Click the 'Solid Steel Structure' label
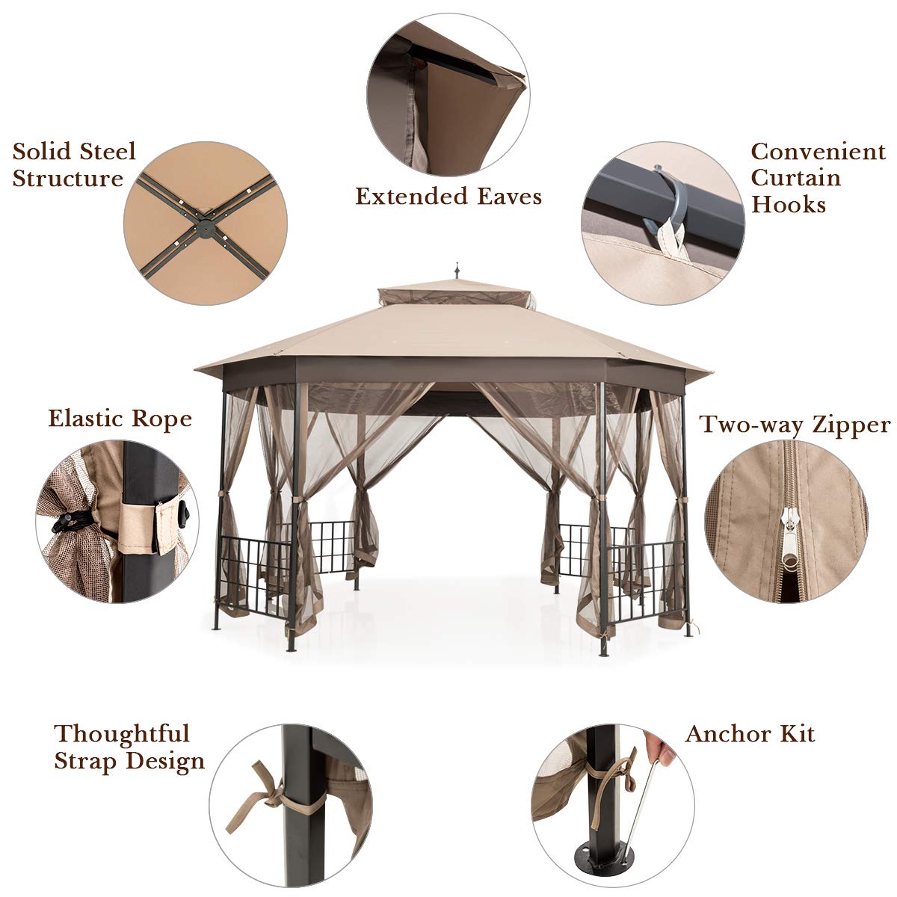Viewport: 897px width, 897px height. (74, 164)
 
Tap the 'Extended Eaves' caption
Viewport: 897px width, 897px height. (448, 197)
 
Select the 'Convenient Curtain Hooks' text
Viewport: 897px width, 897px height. (818, 178)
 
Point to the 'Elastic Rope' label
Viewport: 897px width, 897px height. (120, 419)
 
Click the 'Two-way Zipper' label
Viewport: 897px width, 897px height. (795, 425)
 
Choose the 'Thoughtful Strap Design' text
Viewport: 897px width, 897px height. (129, 747)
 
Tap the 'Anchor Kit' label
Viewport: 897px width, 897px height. (750, 734)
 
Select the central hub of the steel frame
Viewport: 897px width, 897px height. (205, 223)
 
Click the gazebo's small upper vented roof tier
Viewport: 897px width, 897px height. (457, 296)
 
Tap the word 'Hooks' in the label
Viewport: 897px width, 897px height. (788, 205)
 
